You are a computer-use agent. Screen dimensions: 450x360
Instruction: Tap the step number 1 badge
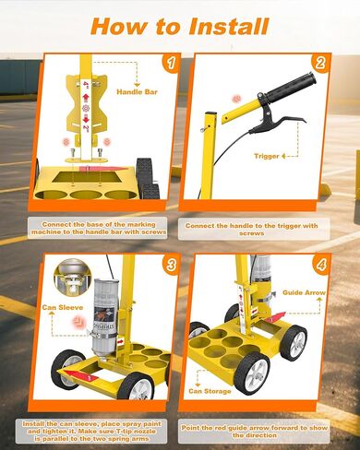pyautogui.click(x=168, y=64)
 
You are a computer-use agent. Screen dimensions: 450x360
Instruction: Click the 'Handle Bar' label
pyautogui.click(x=138, y=92)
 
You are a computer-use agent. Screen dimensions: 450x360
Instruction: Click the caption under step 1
pyautogui.click(x=91, y=226)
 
